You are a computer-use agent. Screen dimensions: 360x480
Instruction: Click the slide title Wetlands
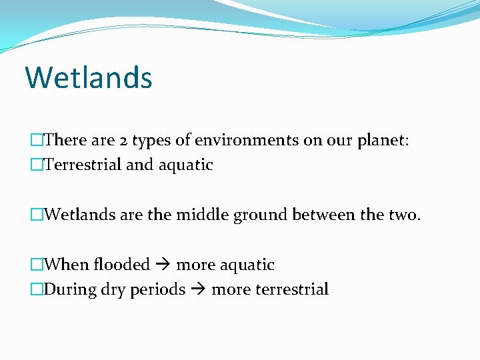(89, 77)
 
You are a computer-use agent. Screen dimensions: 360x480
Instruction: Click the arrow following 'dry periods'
(198, 290)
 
